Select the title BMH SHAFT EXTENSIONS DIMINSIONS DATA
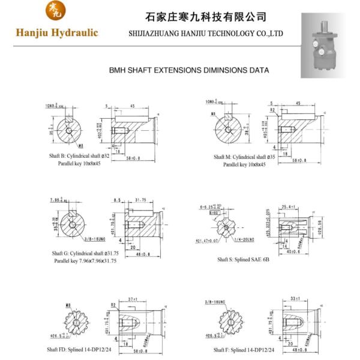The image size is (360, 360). coord(188,70)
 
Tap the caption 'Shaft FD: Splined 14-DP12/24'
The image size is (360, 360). coord(79,349)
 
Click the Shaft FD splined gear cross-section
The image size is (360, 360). coord(77,324)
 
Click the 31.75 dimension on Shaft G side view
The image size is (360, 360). coord(142,200)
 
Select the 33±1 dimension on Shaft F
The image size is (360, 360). coord(295,299)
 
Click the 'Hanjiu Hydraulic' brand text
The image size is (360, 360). coord(57,32)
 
